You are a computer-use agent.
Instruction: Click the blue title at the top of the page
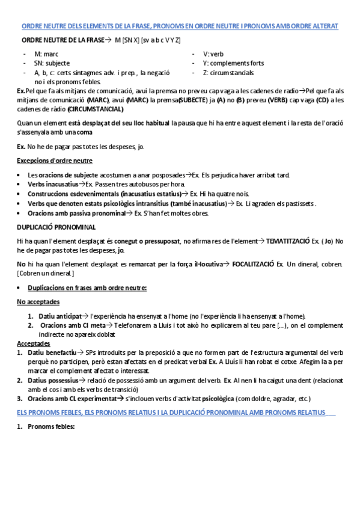(180, 26)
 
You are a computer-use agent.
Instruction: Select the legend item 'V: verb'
(213, 54)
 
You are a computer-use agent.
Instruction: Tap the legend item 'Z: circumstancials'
(228, 73)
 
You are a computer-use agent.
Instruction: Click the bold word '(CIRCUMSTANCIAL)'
(96, 109)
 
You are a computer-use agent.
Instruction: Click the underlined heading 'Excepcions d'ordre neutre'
(54, 161)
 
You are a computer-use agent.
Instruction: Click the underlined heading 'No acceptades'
(38, 302)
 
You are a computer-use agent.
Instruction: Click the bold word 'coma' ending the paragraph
(85, 132)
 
